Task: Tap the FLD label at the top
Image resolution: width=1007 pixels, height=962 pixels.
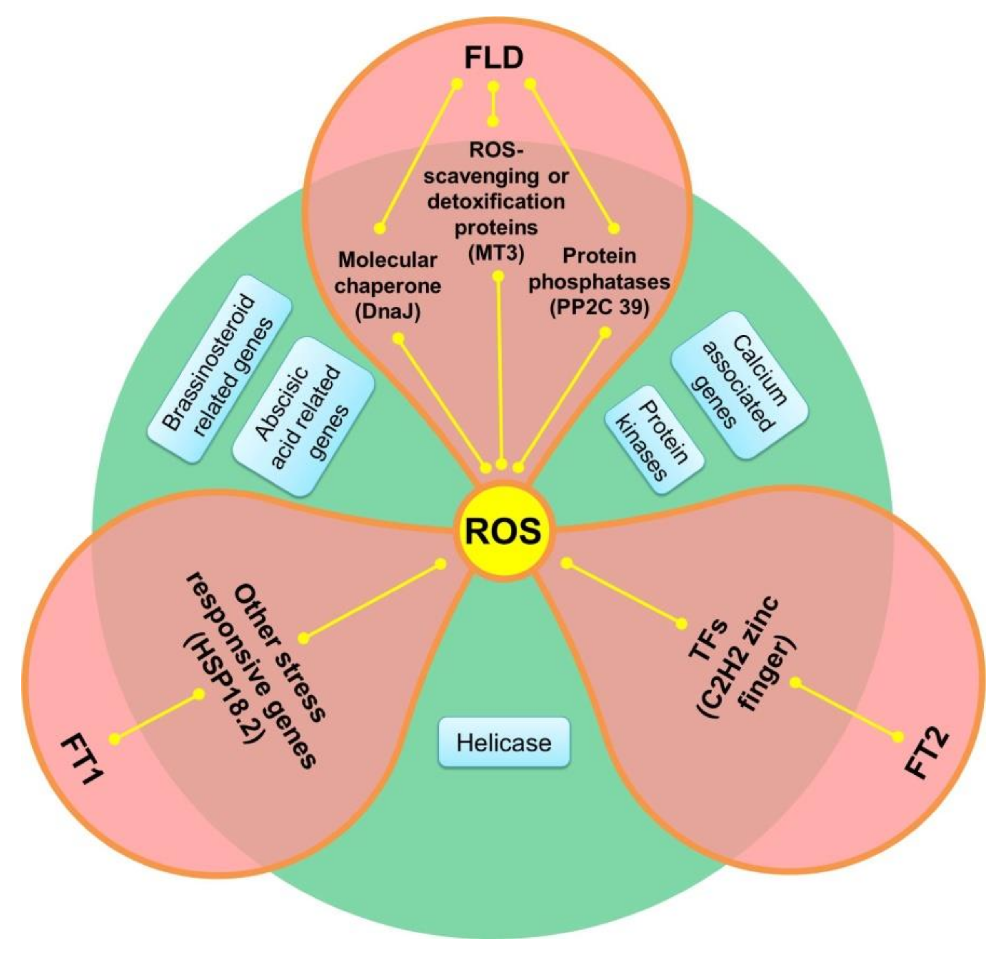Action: [x=494, y=57]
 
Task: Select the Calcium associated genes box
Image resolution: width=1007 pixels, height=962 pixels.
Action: [x=739, y=384]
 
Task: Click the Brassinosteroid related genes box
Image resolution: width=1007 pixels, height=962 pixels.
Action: [x=219, y=369]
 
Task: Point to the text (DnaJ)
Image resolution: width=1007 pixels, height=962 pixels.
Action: [x=388, y=311]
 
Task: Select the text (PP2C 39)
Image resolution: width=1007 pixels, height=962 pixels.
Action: [x=599, y=307]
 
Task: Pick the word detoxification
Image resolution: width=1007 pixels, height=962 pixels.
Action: [x=496, y=202]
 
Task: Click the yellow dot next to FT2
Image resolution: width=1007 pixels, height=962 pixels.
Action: [x=898, y=736]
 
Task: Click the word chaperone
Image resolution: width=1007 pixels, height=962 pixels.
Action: [x=388, y=286]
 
